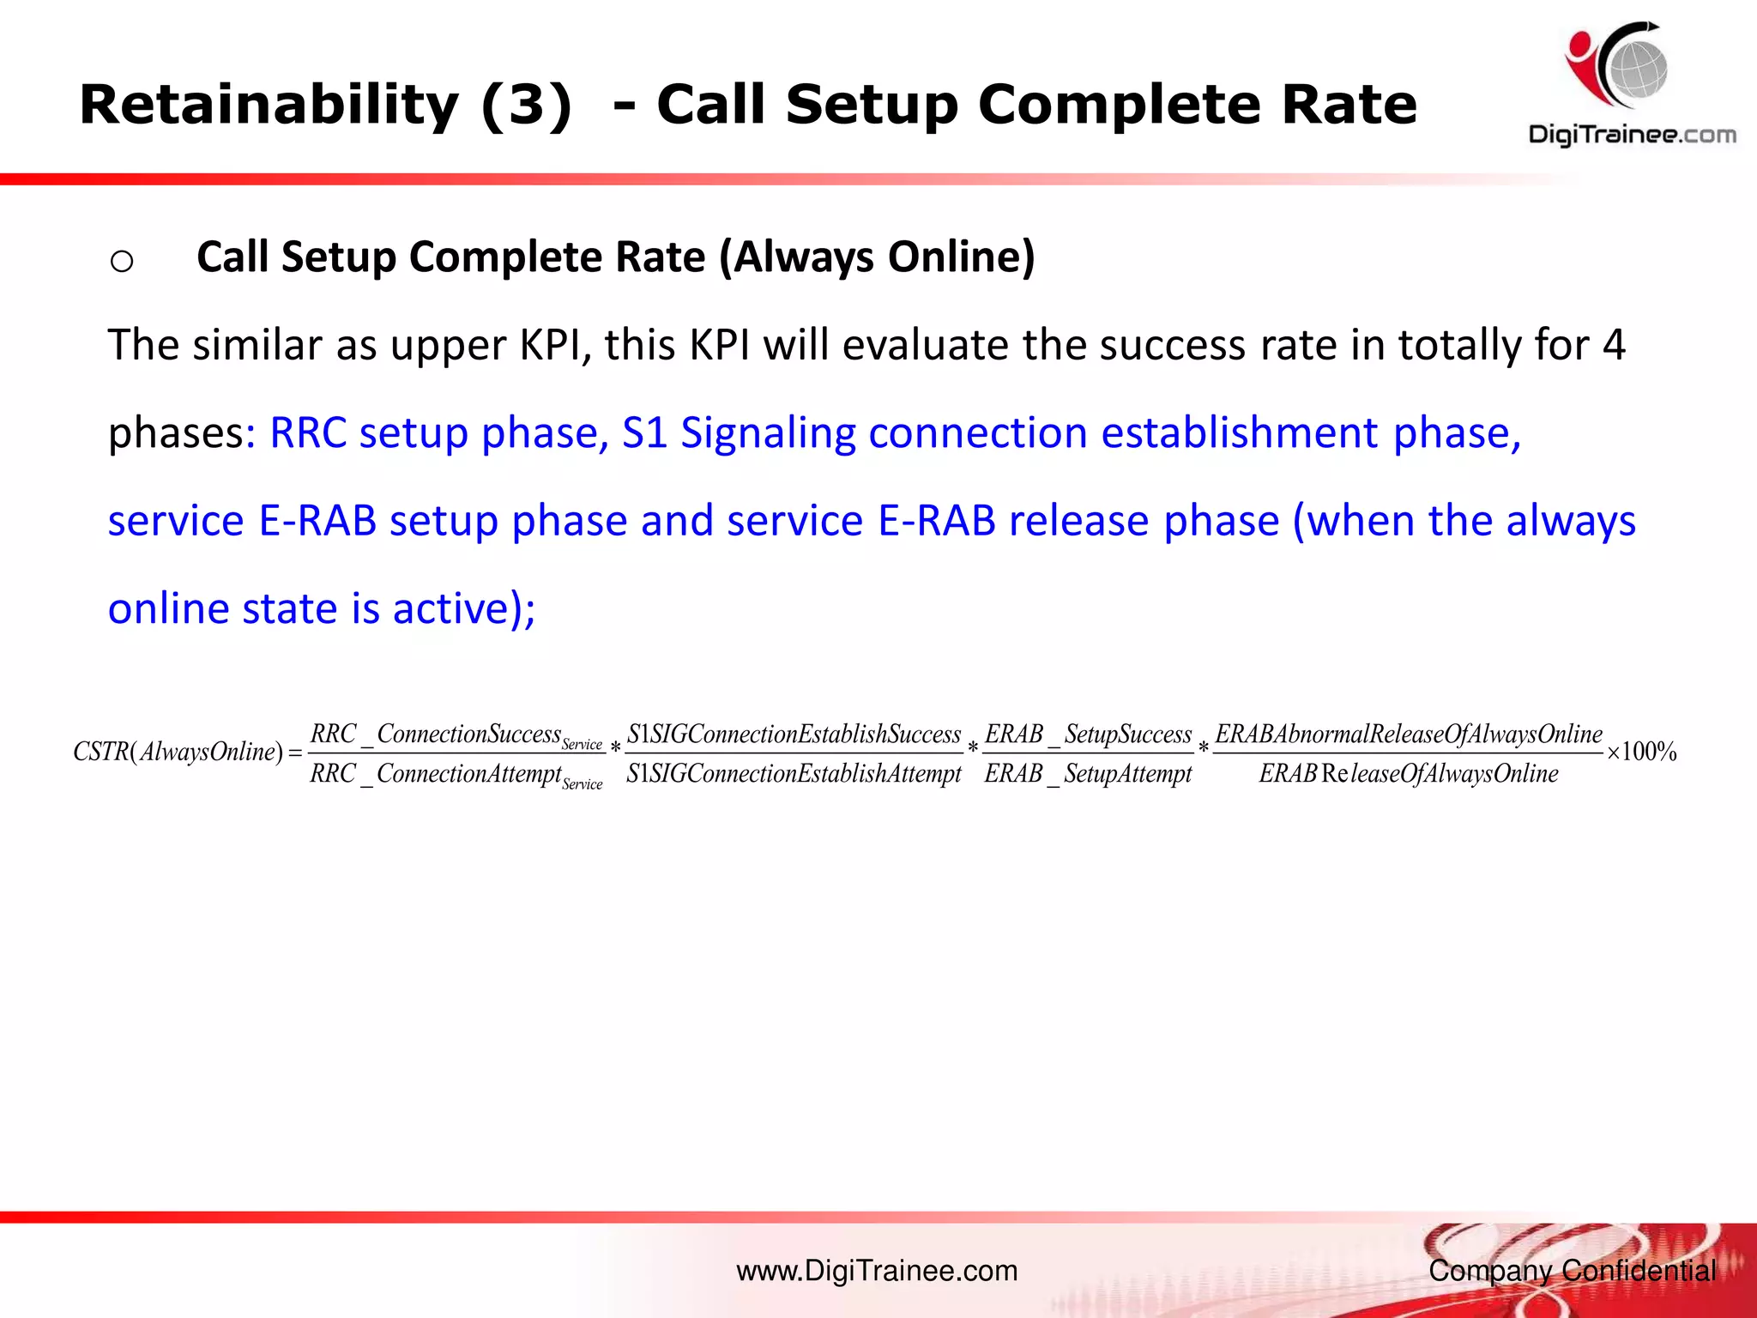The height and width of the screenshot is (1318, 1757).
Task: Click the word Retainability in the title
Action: (269, 106)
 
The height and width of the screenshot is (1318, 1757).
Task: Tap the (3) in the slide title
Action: (526, 106)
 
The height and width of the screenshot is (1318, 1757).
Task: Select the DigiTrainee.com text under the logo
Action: (1632, 135)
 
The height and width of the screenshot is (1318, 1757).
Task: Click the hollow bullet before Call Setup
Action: (122, 260)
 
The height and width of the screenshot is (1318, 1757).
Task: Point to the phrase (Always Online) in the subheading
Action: (877, 257)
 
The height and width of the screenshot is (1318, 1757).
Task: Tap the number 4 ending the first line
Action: (1613, 345)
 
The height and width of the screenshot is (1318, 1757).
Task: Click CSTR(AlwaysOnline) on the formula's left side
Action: (178, 753)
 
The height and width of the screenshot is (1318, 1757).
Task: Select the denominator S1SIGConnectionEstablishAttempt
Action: (794, 774)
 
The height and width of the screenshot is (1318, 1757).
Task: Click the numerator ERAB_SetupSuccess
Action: (1088, 735)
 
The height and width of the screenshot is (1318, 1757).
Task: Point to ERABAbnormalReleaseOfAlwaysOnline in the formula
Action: (1409, 735)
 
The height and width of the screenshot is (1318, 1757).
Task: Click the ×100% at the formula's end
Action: (1642, 753)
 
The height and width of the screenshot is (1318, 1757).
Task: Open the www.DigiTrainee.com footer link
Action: (877, 1271)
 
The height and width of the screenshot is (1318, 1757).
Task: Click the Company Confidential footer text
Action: (1572, 1271)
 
